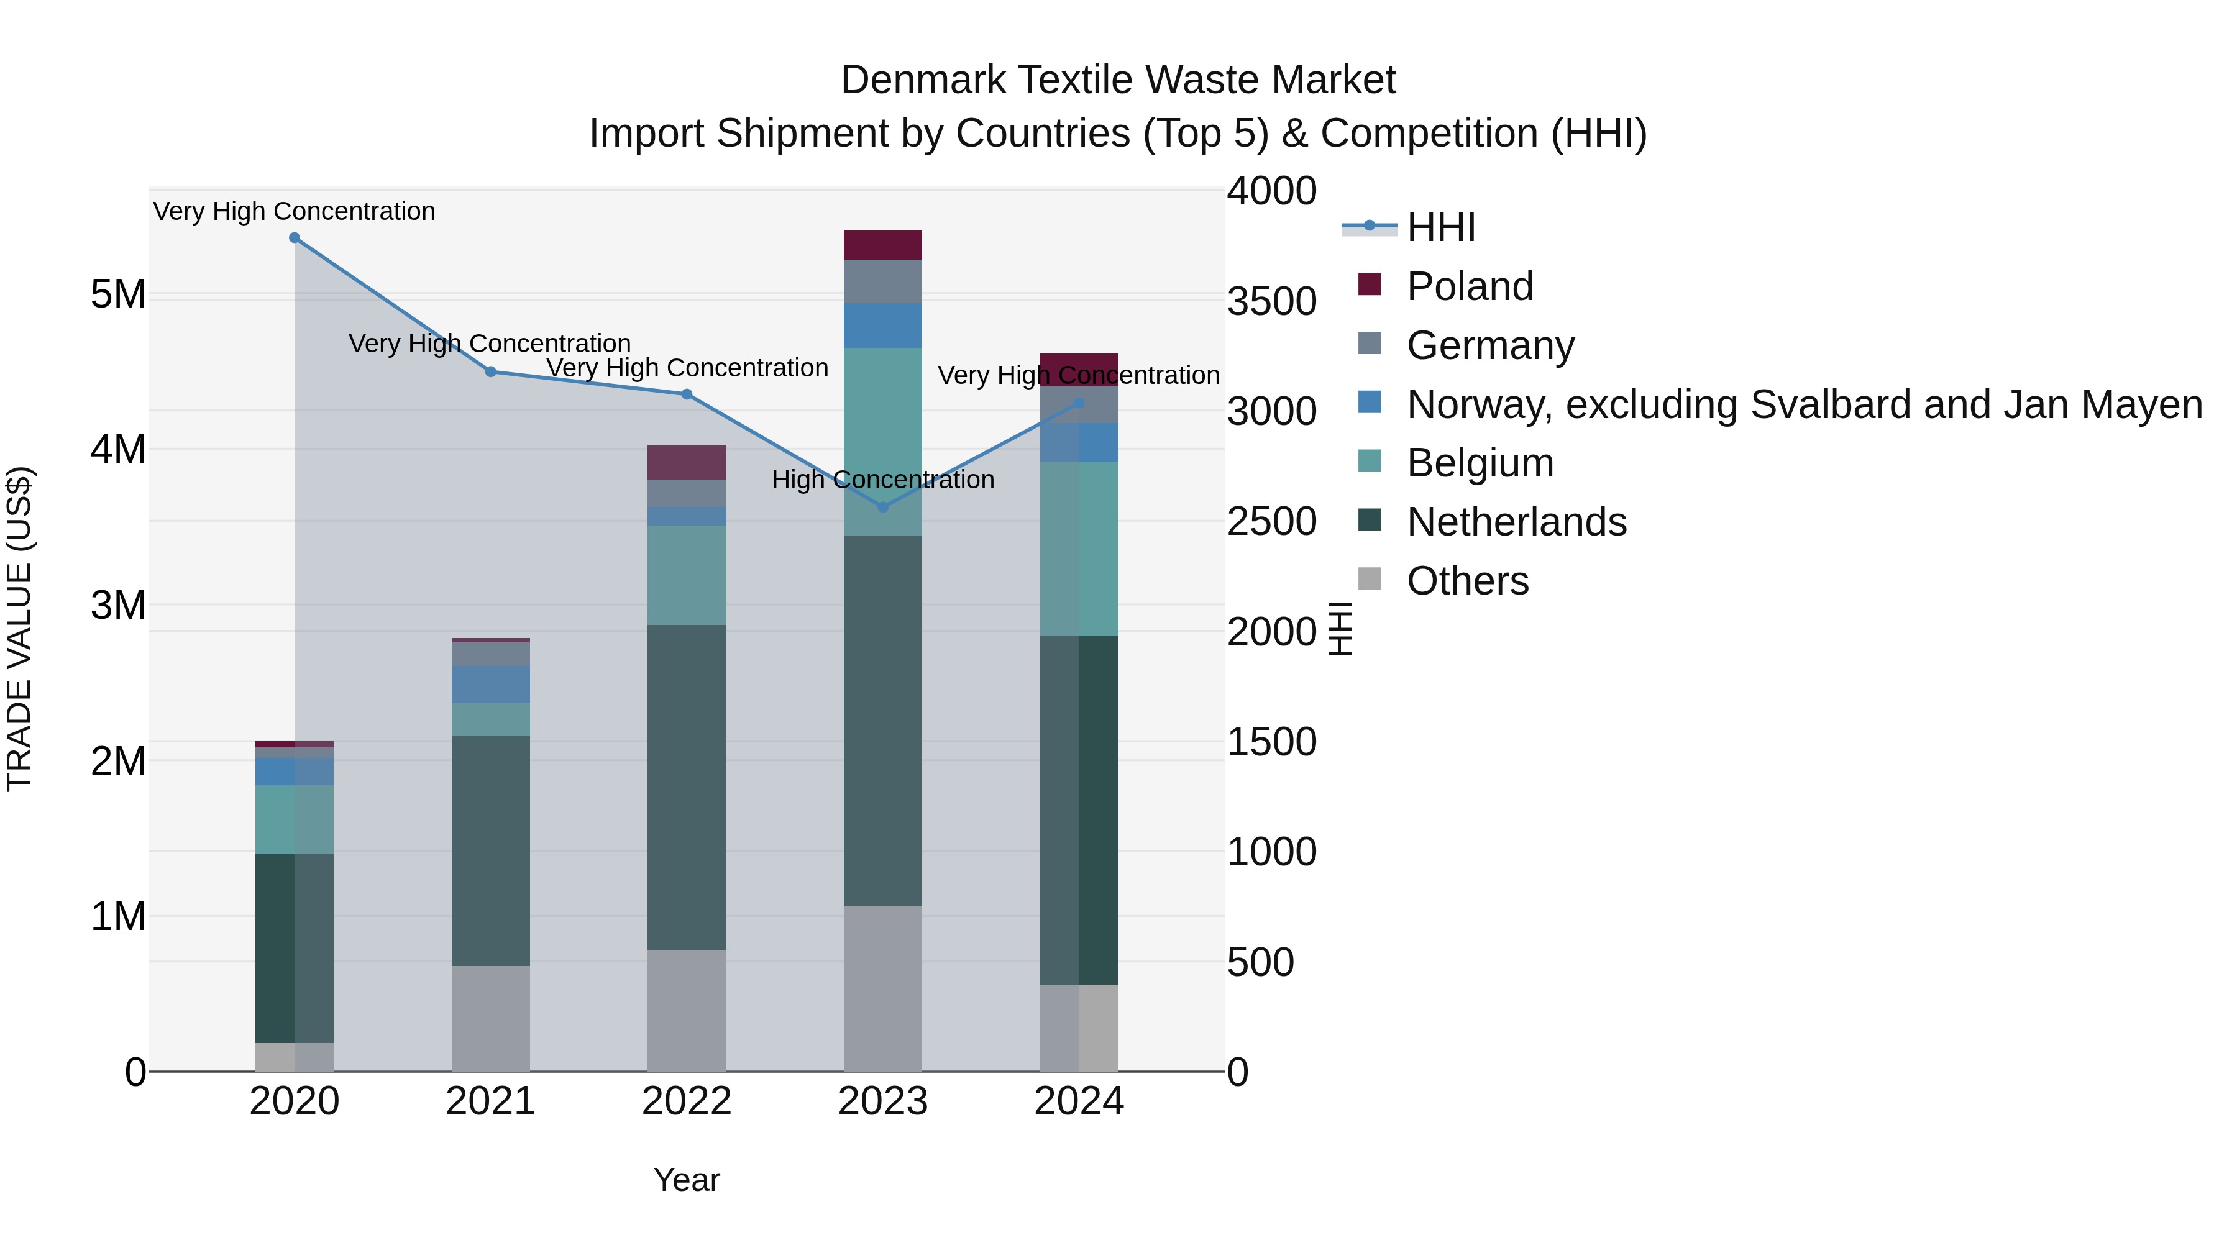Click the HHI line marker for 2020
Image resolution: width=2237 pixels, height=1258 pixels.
(x=295, y=238)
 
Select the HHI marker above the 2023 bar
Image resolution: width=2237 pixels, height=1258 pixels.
(x=883, y=507)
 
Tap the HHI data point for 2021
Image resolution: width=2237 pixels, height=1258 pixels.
(x=491, y=371)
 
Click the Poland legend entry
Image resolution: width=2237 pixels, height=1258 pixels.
(x=1470, y=286)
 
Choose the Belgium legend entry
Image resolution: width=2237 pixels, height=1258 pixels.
(x=1480, y=463)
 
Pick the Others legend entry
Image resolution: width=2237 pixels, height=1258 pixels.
(x=1468, y=581)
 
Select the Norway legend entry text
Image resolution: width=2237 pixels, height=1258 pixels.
(x=1804, y=404)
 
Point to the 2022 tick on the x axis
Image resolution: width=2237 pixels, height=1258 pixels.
(x=686, y=1101)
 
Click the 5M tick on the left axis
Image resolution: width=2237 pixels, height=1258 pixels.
(x=118, y=294)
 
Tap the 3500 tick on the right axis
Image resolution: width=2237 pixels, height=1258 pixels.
(x=1271, y=301)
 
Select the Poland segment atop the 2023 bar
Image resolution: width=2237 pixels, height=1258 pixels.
(x=882, y=245)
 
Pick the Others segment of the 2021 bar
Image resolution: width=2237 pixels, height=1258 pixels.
(x=491, y=1018)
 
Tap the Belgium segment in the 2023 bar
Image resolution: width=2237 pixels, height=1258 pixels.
(x=882, y=441)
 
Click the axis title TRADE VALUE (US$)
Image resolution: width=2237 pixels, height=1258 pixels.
(x=19, y=629)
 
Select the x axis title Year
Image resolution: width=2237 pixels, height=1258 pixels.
(x=686, y=1180)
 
